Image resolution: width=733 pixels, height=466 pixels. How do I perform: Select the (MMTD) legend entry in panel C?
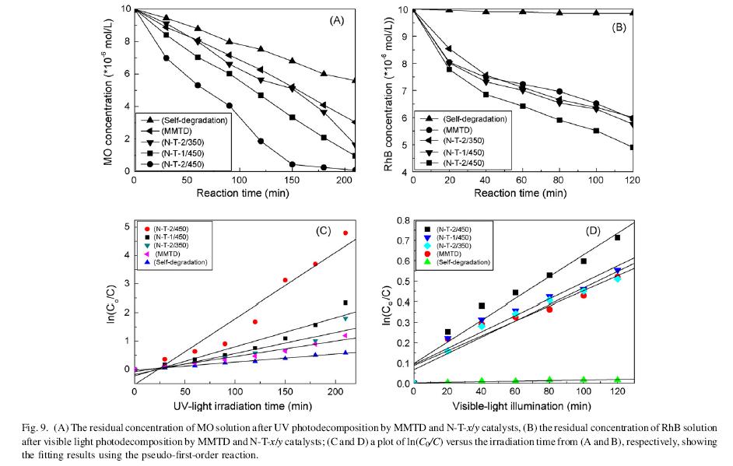(x=172, y=254)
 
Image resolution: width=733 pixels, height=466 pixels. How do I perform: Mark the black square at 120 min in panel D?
(x=618, y=237)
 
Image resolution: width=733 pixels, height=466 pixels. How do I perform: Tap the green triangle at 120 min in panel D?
(x=618, y=380)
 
